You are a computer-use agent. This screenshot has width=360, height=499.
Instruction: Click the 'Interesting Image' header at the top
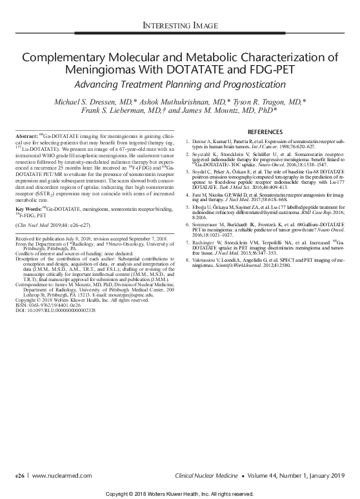(180, 26)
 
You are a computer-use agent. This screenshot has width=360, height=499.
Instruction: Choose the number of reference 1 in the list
(187, 140)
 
